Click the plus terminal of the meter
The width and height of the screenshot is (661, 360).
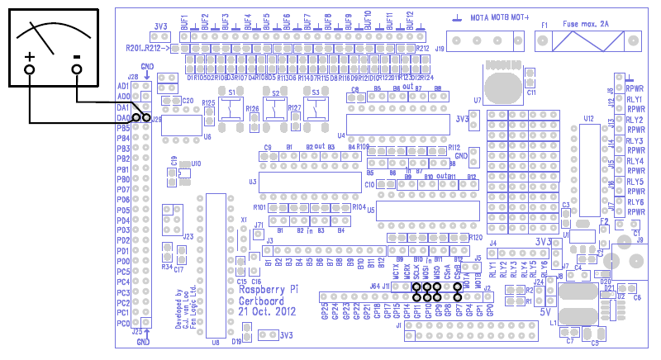click(x=30, y=69)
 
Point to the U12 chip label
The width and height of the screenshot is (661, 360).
click(x=588, y=119)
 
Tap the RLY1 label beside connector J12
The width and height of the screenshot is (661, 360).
click(x=635, y=99)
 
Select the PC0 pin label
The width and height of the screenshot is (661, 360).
click(x=123, y=323)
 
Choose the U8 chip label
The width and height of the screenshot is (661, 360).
click(x=216, y=342)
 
